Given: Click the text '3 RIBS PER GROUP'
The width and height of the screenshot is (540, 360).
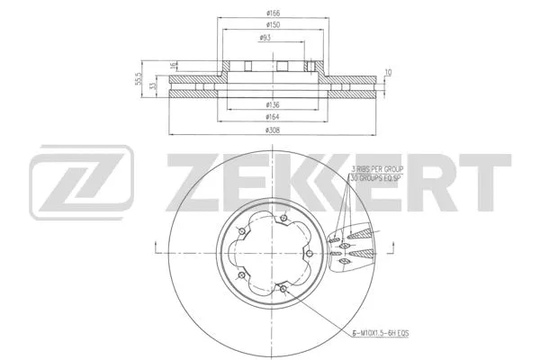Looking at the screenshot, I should click(379, 167).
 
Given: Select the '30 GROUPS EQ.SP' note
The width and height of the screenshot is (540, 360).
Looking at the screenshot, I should click(379, 179).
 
